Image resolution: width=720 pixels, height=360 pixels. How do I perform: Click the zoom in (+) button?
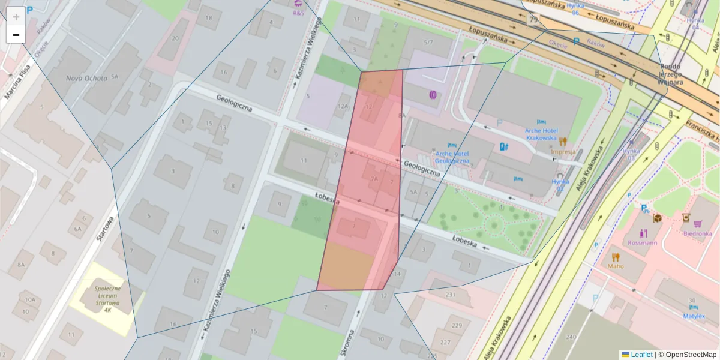(16, 16)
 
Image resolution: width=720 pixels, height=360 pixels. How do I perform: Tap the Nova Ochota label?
(86, 78)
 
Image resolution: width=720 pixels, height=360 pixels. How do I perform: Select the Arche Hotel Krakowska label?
(532, 134)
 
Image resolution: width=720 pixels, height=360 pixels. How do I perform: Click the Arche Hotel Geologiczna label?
(452, 157)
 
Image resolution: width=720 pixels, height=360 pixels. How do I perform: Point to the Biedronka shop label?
(697, 233)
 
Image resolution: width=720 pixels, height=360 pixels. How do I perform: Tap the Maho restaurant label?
(616, 266)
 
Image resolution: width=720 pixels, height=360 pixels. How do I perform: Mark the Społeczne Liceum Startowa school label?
(107, 299)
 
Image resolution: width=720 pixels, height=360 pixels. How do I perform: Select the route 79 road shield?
(533, 20)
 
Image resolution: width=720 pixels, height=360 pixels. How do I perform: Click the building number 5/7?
(428, 43)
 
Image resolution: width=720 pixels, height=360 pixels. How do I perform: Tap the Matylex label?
(694, 316)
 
